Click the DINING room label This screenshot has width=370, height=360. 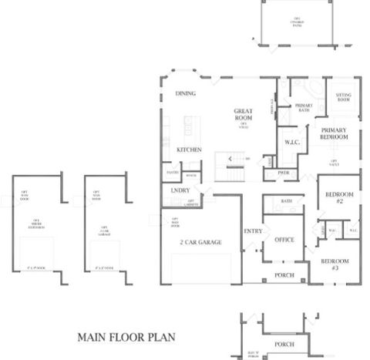click(x=185, y=93)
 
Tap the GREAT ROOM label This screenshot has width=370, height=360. click(x=244, y=115)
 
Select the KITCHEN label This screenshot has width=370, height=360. click(x=189, y=149)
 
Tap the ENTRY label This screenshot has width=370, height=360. click(x=253, y=231)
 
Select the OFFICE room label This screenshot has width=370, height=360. click(x=284, y=240)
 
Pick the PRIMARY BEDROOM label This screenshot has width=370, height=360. click(x=335, y=133)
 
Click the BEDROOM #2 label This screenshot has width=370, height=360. click(x=338, y=197)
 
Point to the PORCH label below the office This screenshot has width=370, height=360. click(x=284, y=275)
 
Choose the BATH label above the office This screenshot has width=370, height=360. click(x=286, y=201)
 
